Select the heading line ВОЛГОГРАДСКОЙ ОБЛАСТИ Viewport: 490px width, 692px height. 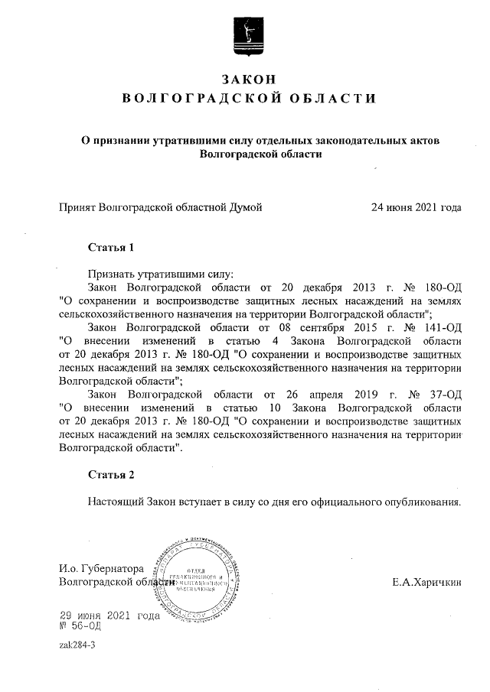250,99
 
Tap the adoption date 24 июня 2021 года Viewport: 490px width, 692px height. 416,207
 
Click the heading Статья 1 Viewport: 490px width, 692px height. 111,248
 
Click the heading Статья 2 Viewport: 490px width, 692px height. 111,475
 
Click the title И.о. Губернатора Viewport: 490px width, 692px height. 102,569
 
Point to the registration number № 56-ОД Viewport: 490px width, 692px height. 80,626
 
